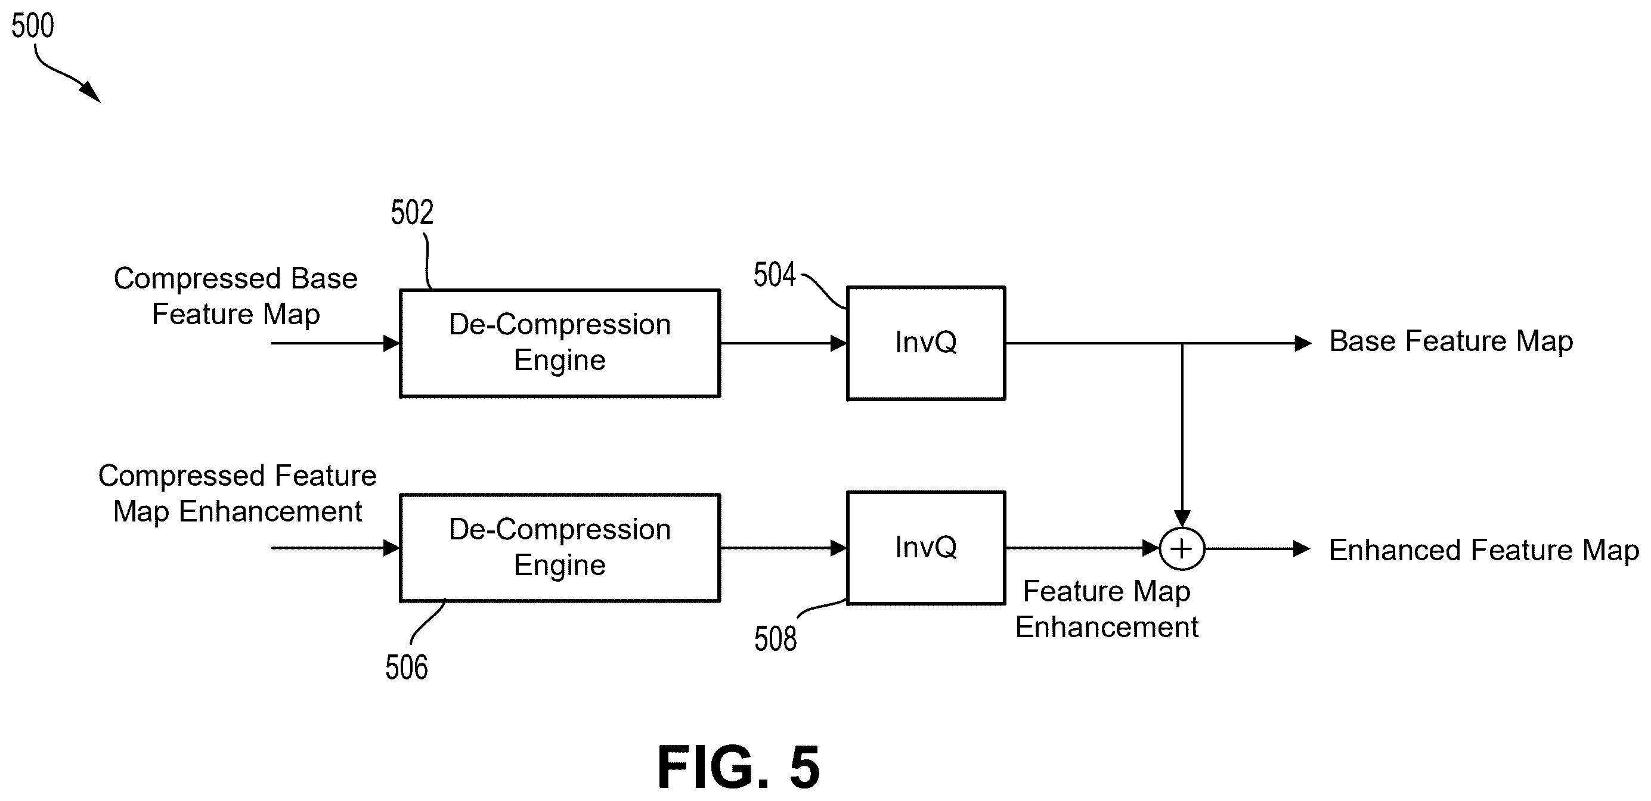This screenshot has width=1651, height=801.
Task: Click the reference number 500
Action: pos(33,26)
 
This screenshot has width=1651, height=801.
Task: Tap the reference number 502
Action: pos(412,213)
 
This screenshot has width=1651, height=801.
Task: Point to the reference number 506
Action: pos(407,667)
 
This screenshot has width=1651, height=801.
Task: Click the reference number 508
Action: pos(776,639)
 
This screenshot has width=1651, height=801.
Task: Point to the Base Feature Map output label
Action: pos(1451,341)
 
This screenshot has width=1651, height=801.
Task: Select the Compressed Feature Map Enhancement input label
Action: pos(237,494)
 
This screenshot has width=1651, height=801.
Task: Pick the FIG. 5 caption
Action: pos(739,767)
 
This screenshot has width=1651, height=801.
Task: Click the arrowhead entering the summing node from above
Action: pos(1182,519)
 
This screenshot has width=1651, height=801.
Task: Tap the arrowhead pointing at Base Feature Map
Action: pos(1303,343)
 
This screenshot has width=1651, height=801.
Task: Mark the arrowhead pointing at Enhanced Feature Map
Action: pos(1302,549)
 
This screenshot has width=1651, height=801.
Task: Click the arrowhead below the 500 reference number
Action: pos(91,93)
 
